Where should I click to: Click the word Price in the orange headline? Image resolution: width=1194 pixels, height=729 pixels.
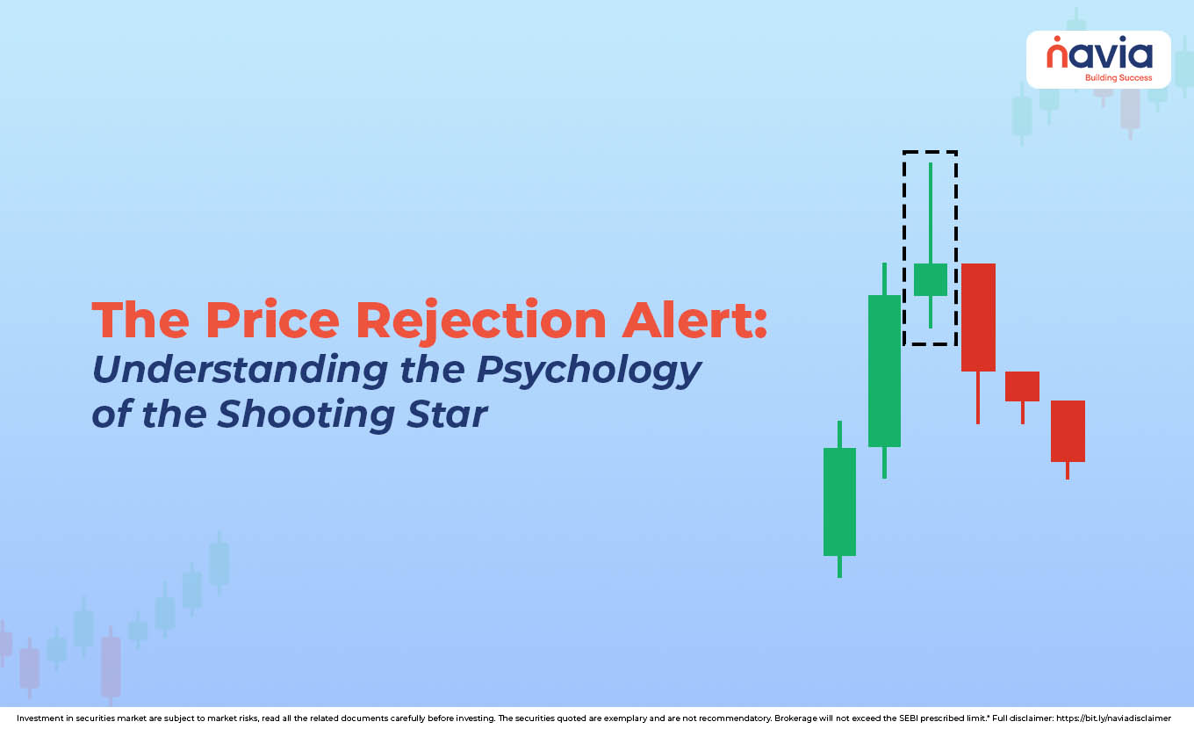(272, 321)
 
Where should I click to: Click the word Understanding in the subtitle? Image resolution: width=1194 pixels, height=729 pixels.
(240, 369)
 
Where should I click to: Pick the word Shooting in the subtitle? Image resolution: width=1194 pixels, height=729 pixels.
(306, 415)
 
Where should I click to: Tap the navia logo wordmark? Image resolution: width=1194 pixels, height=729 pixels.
(1099, 53)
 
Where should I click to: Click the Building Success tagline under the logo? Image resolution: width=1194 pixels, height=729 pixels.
(1118, 78)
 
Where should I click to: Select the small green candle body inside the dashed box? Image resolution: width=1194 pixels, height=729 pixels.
(930, 279)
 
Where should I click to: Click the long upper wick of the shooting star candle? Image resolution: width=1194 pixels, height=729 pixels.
(930, 213)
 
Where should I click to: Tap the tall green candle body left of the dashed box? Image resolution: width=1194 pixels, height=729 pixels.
(884, 372)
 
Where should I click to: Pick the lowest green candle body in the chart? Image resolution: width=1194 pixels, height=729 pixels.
(839, 502)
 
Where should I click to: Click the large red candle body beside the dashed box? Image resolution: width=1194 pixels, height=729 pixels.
(978, 317)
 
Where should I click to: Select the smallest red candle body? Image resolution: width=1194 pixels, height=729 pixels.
(1022, 386)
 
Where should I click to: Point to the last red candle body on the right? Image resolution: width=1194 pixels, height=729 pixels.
(1068, 431)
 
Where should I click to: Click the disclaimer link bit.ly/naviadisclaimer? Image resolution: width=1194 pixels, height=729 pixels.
(1113, 718)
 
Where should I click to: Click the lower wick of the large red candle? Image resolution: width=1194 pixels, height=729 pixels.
(978, 398)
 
